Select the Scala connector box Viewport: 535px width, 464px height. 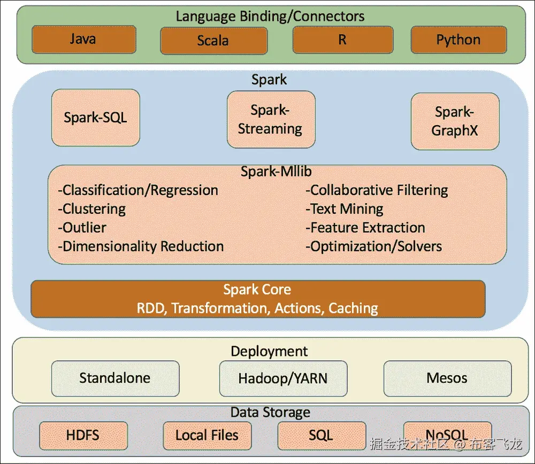213,41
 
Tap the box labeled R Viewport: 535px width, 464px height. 342,40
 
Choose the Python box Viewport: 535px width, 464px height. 458,40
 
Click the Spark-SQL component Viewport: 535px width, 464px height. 96,118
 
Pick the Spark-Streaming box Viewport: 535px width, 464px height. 270,120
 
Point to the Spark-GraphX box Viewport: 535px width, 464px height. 455,121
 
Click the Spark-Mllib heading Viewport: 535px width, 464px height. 276,172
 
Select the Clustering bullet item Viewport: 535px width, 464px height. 92,209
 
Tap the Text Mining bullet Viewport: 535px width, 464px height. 345,209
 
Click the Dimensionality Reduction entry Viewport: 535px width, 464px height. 141,246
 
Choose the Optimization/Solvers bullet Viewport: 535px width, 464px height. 374,246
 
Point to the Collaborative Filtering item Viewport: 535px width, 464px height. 377,190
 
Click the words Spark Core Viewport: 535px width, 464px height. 257,290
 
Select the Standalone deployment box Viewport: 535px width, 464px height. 115,378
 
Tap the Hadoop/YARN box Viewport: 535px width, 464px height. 283,379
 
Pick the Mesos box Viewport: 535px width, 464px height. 447,378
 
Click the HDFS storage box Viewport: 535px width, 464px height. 83,435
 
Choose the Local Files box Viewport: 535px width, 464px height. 207,435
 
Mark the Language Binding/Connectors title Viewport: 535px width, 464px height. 270,16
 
